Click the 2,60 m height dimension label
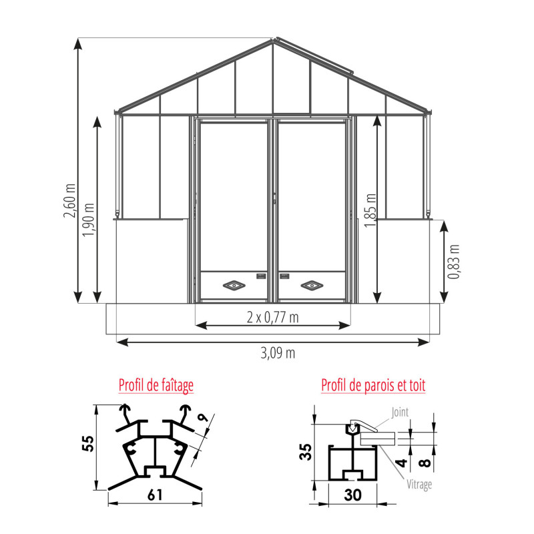70,201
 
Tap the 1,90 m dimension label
89,220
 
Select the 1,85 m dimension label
370,210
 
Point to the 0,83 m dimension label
454,262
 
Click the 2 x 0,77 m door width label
273,318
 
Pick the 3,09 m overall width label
278,353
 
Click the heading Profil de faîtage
156,386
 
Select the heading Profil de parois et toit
373,386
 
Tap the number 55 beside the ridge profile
88,443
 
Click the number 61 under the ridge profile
155,495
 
